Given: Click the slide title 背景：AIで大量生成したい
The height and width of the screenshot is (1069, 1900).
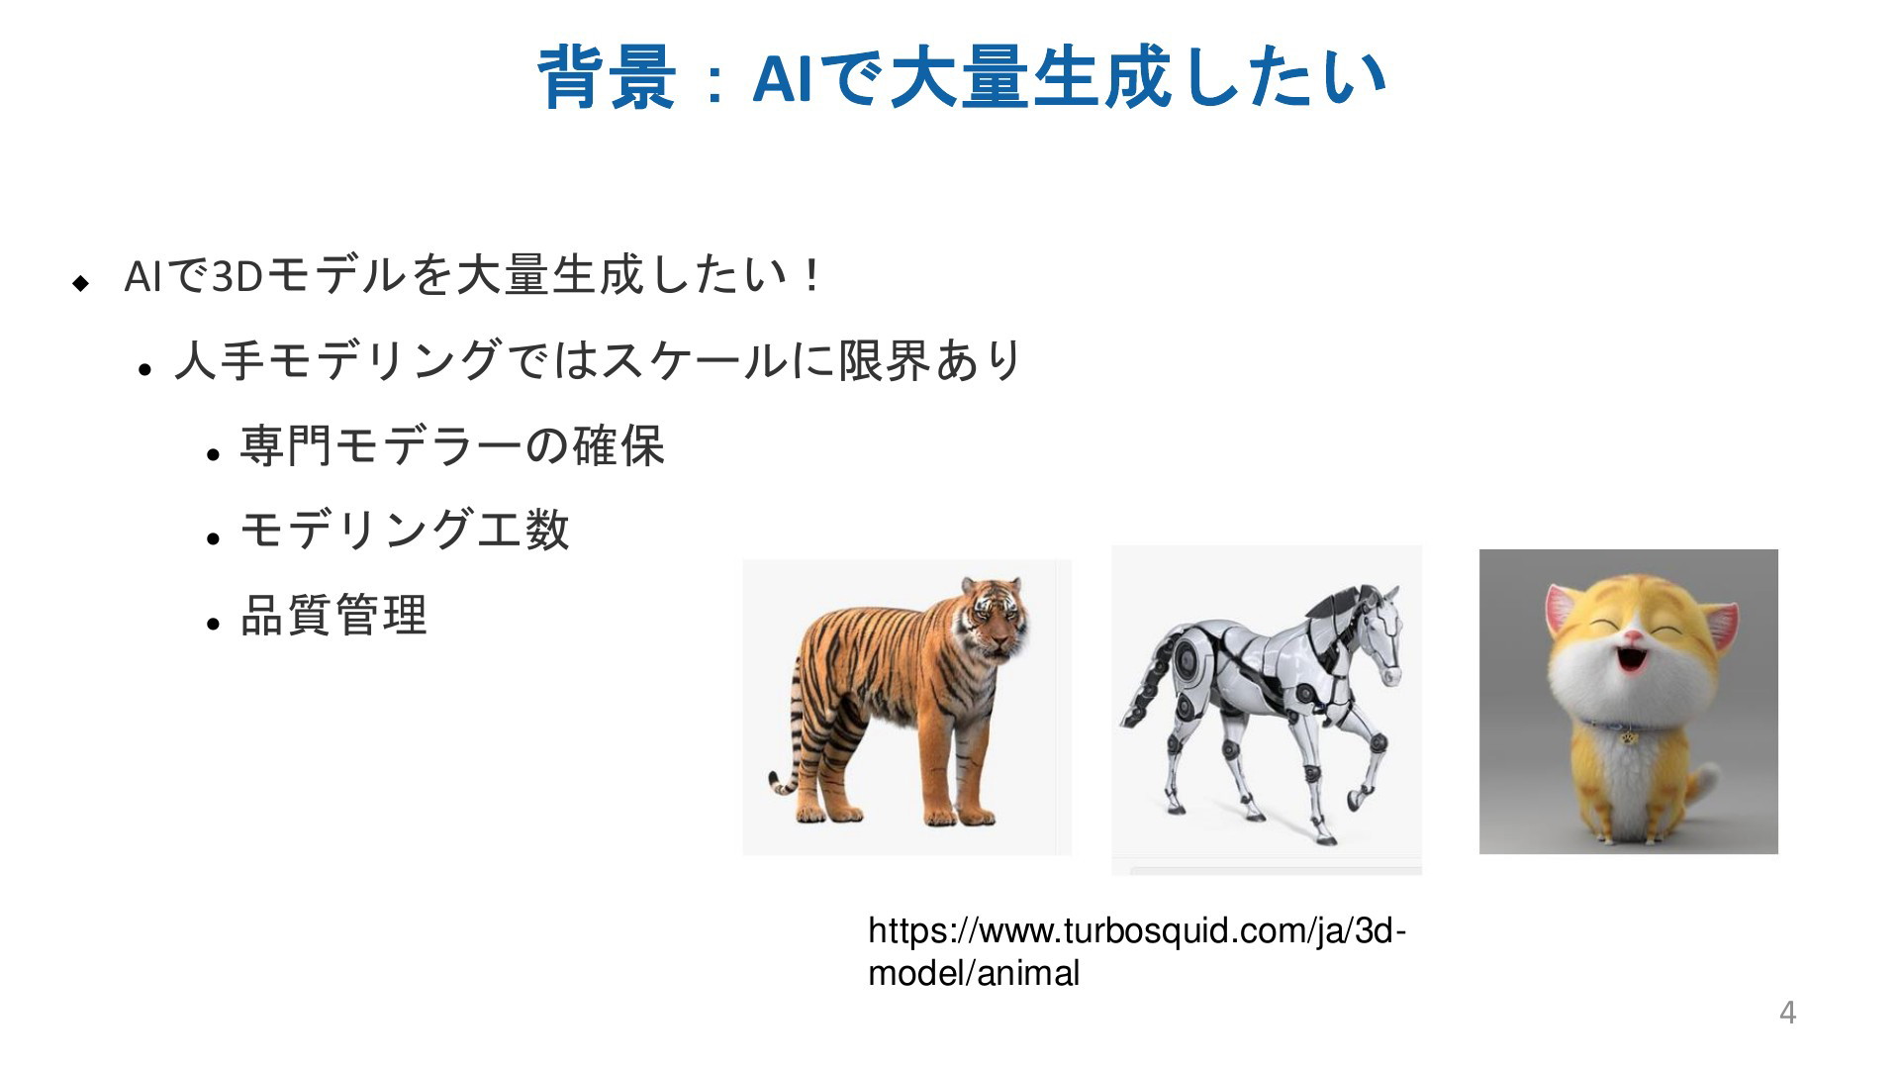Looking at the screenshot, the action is (961, 77).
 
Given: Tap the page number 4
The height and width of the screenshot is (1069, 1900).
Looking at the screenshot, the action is (1787, 1013).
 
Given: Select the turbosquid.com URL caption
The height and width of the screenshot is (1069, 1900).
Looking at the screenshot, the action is (1137, 951).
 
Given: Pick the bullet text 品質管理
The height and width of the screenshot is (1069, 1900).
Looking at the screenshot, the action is (333, 615).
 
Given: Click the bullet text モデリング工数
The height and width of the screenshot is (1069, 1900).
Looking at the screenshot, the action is (405, 530).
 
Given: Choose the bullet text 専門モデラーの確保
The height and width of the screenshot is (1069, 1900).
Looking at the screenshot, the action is (452, 444).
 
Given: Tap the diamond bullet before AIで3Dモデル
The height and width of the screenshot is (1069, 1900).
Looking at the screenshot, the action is (81, 283).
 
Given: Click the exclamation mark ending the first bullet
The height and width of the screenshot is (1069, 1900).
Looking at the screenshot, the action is (812, 276).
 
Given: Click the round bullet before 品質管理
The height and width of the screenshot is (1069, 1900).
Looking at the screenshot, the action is (212, 624).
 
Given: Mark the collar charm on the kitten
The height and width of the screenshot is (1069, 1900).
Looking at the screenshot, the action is (1628, 737).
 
